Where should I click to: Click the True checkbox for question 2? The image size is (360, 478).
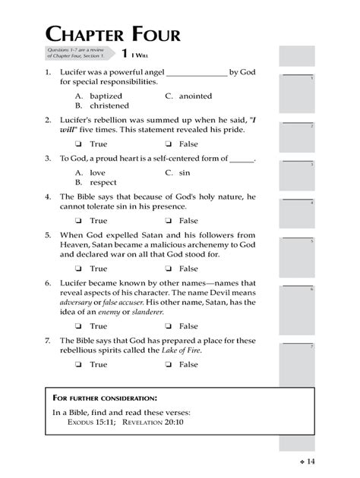tap(78, 144)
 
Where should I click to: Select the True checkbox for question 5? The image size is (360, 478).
tap(78, 269)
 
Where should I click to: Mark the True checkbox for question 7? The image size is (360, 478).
tap(78, 364)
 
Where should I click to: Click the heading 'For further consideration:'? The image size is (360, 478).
tap(105, 398)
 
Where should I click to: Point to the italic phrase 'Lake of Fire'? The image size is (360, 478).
tap(181, 351)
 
